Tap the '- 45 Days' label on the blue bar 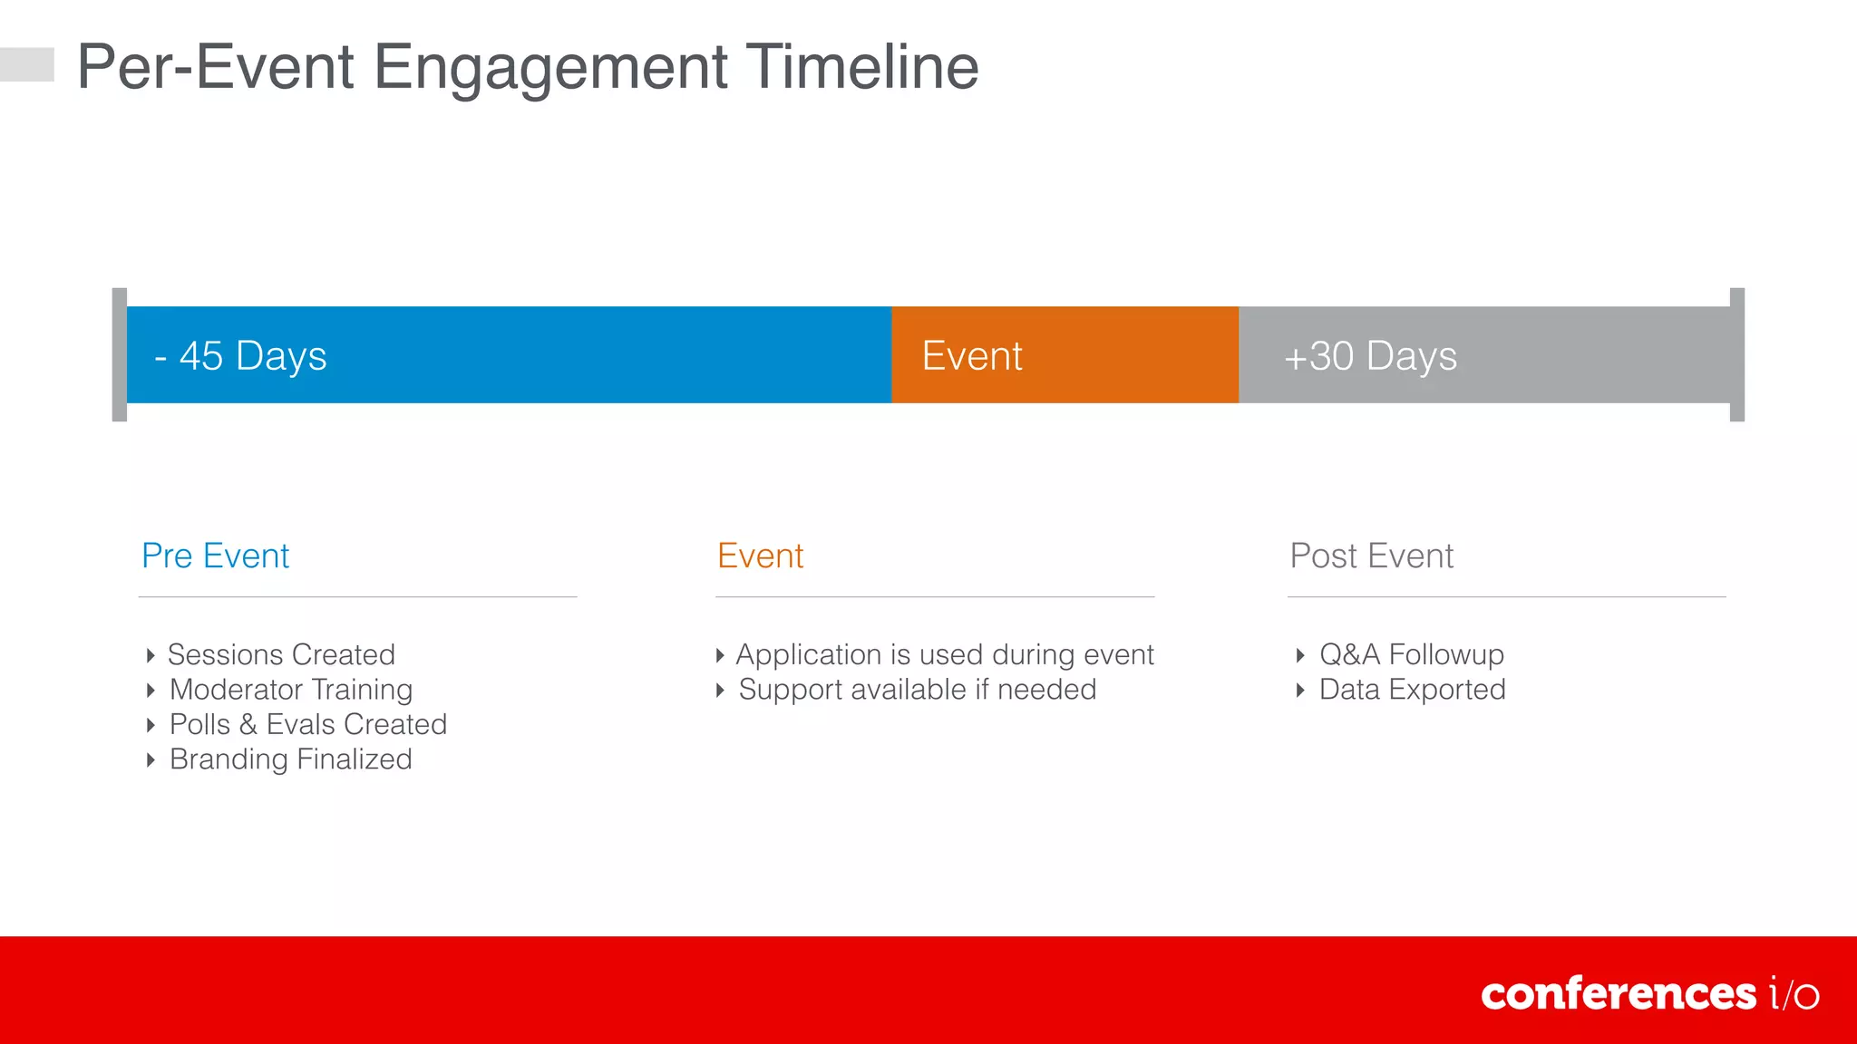point(240,356)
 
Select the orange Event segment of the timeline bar point(1065,355)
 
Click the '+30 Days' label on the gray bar point(1370,356)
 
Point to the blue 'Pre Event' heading point(216,556)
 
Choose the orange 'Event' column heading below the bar point(760,556)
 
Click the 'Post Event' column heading point(1371,556)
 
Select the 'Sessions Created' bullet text point(281,654)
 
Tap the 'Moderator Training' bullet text point(291,690)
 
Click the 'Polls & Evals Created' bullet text point(308,724)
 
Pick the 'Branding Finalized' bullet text point(291,759)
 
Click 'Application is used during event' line point(944,654)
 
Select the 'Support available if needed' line point(917,690)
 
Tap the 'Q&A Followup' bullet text point(1411,654)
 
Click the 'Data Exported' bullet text point(1412,690)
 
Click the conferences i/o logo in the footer point(1649,994)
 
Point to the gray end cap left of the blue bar point(119,354)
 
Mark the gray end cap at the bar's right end point(1737,354)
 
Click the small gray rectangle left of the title point(27,64)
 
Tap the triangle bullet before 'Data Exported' point(1300,691)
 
